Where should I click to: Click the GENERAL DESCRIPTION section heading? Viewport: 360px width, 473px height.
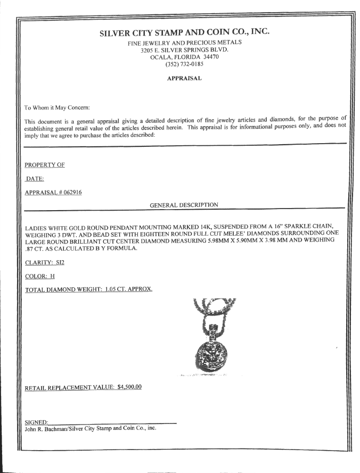click(184, 204)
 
